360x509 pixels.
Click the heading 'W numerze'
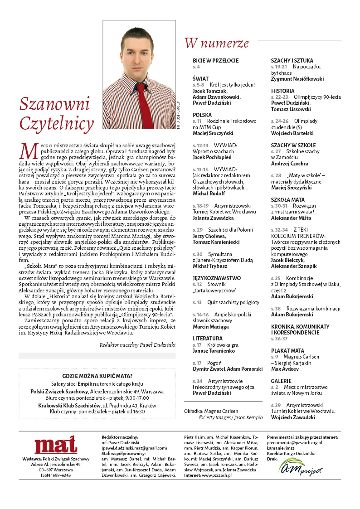point(216,43)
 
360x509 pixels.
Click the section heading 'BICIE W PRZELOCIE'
point(215,60)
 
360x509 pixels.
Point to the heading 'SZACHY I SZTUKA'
point(292,60)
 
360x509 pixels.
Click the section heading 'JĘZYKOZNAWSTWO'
point(216,278)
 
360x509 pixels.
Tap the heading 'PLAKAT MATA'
point(287,350)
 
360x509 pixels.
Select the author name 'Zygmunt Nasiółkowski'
point(297,78)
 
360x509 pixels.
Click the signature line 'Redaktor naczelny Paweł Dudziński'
point(137,344)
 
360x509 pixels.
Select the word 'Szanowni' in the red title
point(54,104)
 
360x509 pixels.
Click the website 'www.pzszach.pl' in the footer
point(217,475)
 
